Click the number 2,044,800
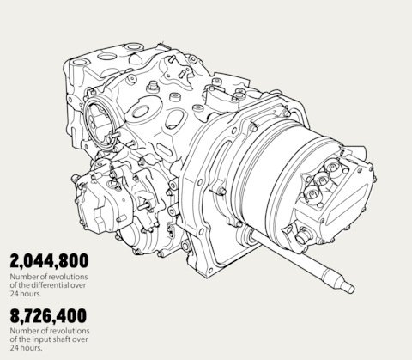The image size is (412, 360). tap(49, 261)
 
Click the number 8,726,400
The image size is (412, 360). tap(48, 315)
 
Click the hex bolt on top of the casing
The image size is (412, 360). tap(153, 86)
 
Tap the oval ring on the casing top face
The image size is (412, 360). tap(140, 111)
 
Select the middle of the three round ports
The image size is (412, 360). tap(322, 180)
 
